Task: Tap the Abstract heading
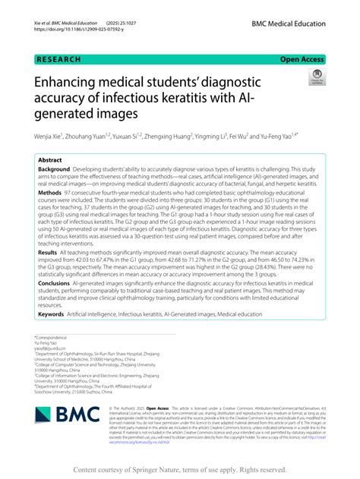pos(50,161)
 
